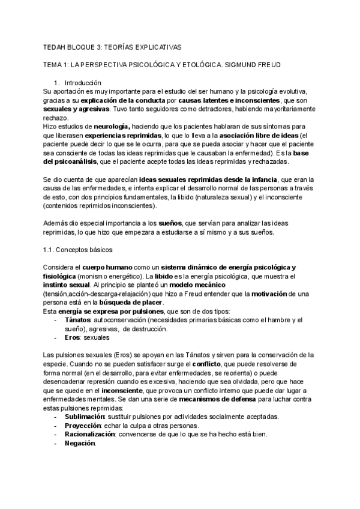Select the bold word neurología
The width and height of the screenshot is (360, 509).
(112, 127)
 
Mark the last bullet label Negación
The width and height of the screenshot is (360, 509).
(80, 443)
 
